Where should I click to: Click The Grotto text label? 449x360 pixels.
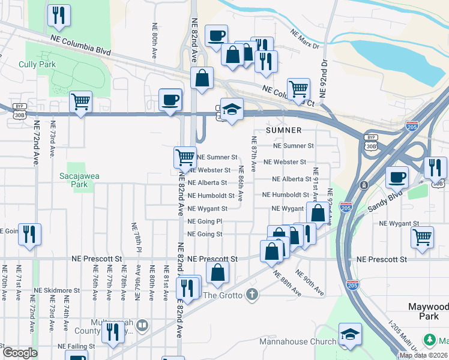click(x=222, y=295)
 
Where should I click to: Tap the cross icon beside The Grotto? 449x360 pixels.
click(x=252, y=295)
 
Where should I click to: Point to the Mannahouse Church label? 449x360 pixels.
click(x=298, y=342)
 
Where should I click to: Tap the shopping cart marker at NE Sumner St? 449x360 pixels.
click(x=185, y=157)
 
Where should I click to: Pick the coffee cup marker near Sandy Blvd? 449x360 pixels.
click(x=397, y=177)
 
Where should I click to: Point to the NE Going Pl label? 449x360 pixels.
click(x=205, y=221)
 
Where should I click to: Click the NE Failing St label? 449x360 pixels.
click(x=76, y=346)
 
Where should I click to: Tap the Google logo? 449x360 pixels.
click(x=20, y=353)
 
